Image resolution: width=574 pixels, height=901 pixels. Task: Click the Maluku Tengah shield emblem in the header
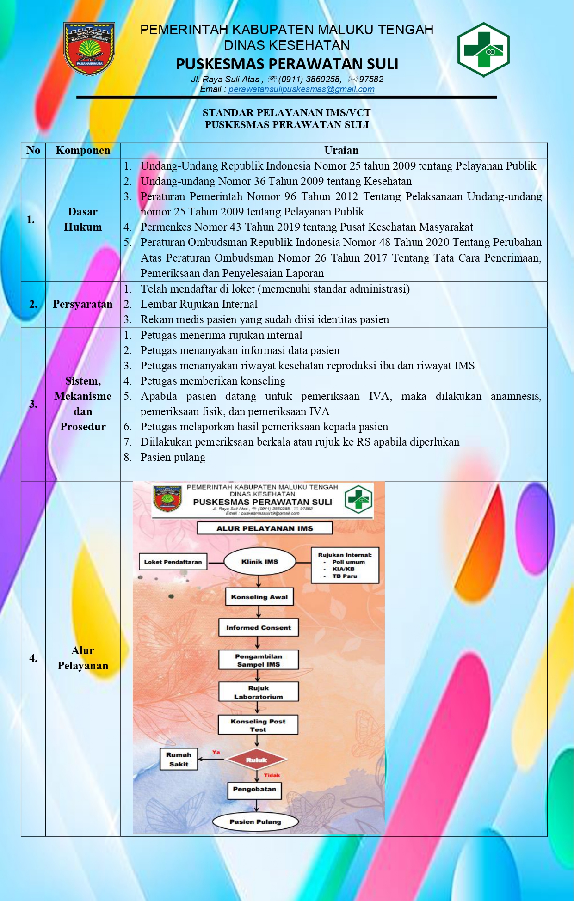click(x=89, y=49)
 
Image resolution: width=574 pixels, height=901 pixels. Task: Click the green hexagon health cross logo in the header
click(x=483, y=49)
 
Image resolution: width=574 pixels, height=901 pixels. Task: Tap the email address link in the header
click(x=301, y=89)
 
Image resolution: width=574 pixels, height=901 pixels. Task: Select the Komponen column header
click(x=83, y=150)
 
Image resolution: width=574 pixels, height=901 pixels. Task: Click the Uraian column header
click(x=341, y=150)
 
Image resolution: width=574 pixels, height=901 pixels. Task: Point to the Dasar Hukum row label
click(x=83, y=219)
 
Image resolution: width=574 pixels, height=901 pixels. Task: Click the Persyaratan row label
click(x=83, y=304)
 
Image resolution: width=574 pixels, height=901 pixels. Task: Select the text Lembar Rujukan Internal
click(x=199, y=304)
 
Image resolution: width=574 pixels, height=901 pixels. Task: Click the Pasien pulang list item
click(x=173, y=457)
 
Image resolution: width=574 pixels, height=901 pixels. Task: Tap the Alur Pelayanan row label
click(x=83, y=658)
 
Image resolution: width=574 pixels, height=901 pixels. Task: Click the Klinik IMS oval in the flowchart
click(x=259, y=562)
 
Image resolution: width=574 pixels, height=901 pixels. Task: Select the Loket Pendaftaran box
click(x=173, y=562)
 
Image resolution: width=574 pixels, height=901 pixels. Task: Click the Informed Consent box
click(x=259, y=627)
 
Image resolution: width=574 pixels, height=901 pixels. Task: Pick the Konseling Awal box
click(x=259, y=597)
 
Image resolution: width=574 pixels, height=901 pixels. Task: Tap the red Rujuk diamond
click(x=257, y=760)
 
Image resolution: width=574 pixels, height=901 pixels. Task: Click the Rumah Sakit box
click(x=179, y=759)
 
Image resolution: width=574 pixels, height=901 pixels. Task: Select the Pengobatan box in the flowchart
click(x=254, y=789)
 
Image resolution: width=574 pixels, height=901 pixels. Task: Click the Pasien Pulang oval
click(x=255, y=821)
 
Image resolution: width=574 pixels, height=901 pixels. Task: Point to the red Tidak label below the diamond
click(x=272, y=775)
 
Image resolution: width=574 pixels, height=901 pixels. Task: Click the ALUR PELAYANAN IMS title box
click(x=265, y=528)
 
